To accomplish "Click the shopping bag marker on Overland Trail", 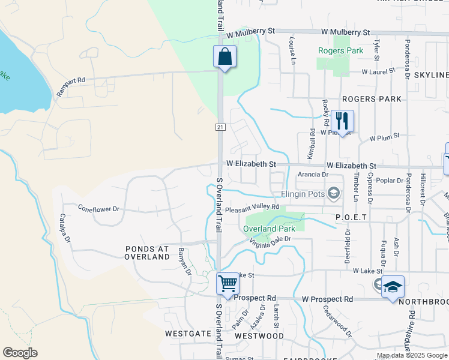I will click(224, 58).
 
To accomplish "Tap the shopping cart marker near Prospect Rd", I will click(228, 283).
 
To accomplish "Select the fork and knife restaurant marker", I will click(342, 121).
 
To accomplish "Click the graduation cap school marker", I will click(393, 287).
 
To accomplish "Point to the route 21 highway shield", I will click(220, 127).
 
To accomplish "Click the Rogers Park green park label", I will click(341, 51).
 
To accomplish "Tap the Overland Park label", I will click(269, 229).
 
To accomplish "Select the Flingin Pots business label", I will click(303, 194).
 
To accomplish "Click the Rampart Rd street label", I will click(71, 86).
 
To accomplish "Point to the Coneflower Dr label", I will click(99, 209).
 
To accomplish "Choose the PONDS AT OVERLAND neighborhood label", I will click(147, 252).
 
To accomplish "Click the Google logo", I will click(20, 353).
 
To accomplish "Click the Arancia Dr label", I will click(313, 175).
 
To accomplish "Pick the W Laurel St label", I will click(378, 71).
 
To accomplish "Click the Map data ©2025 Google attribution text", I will click(412, 355).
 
